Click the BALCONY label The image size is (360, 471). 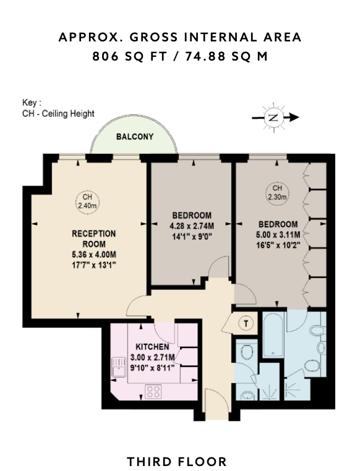click(135, 137)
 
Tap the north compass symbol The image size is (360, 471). click(274, 117)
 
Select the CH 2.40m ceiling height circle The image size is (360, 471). click(87, 202)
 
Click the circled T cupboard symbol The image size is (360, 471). click(246, 323)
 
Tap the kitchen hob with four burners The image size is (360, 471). click(153, 391)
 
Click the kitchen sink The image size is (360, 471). click(119, 367)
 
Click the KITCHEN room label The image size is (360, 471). click(152, 347)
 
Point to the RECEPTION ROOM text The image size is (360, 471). click(94, 239)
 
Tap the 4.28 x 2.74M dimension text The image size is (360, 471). click(192, 226)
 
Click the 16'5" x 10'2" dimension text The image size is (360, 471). click(278, 245)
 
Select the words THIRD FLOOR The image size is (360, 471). click(177, 461)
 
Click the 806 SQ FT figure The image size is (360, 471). click(129, 56)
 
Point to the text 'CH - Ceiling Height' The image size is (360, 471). click(58, 114)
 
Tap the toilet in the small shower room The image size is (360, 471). click(247, 351)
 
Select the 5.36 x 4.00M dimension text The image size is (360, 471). click(94, 255)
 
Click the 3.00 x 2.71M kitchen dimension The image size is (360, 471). click(152, 357)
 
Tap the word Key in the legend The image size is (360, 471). click(30, 103)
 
